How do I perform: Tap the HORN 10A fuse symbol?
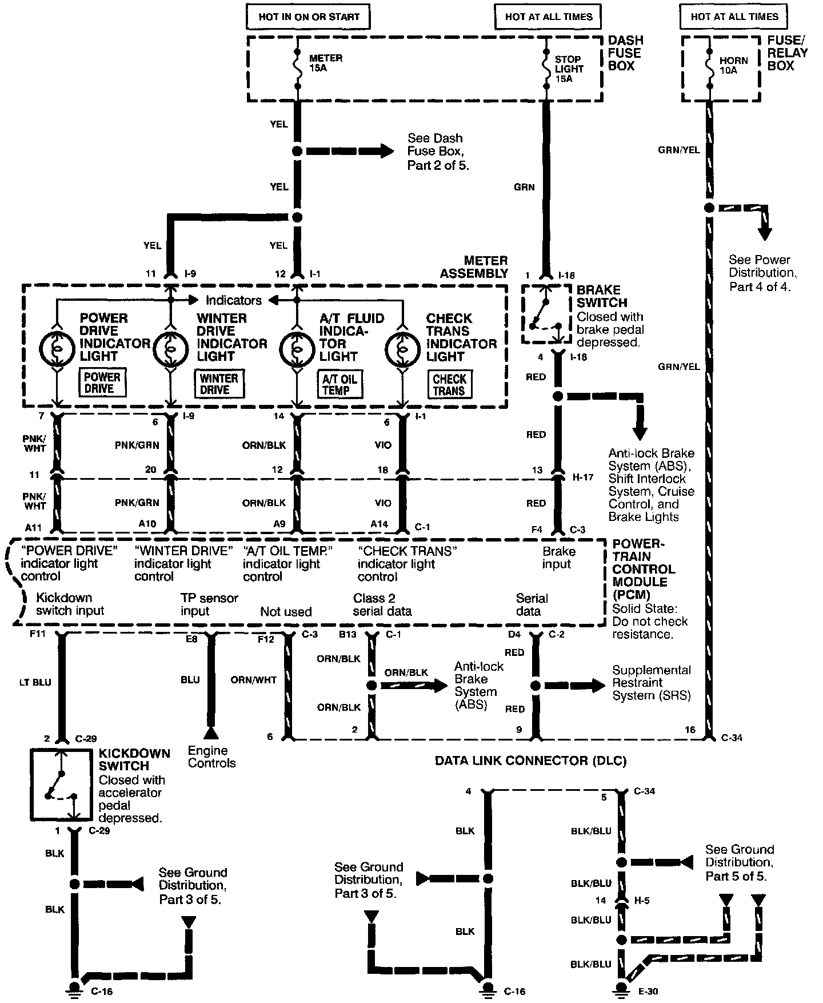pos(709,68)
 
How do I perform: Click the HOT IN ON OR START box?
pos(308,17)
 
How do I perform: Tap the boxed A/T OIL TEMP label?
pos(339,384)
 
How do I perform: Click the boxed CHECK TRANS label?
pos(449,384)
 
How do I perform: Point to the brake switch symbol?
pos(546,315)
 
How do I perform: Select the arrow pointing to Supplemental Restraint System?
pos(574,685)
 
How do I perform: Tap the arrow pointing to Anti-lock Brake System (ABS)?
pos(414,685)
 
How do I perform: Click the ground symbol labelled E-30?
pos(621,988)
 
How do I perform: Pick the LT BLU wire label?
pos(35,682)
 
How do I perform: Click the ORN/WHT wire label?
pos(253,680)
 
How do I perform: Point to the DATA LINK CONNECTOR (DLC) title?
pos(530,761)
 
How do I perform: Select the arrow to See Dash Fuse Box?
pos(350,152)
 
